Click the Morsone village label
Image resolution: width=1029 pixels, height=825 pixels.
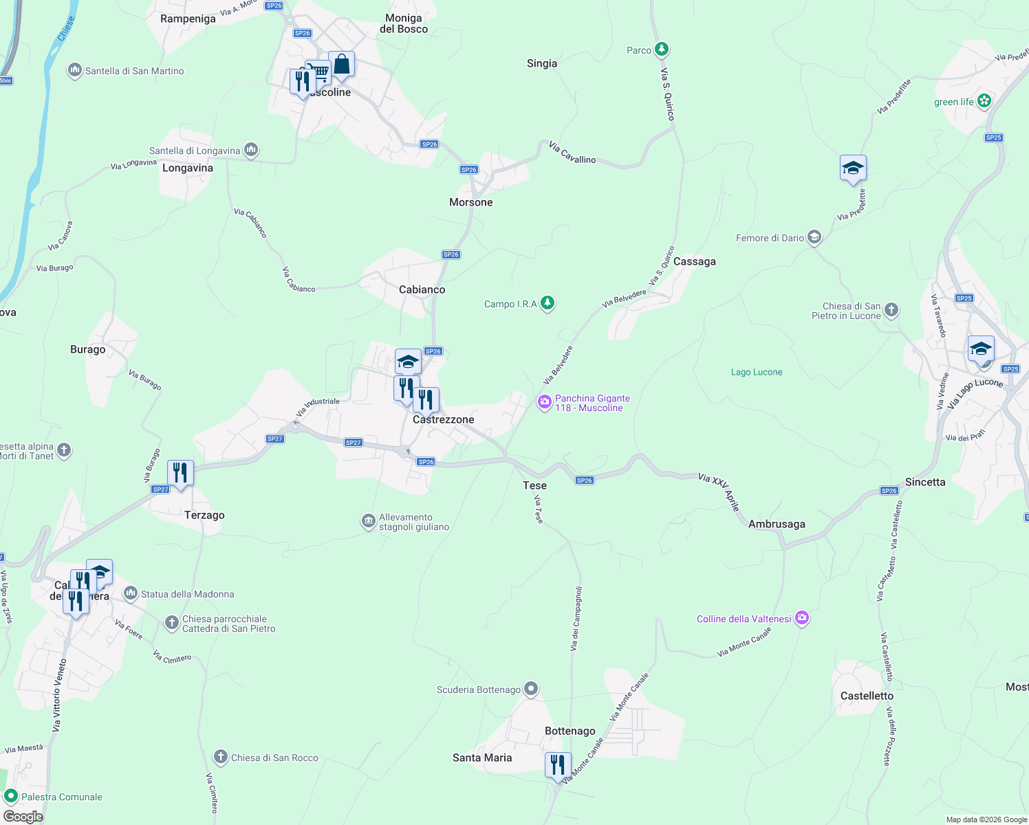[470, 202]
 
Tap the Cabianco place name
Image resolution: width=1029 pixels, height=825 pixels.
[422, 289]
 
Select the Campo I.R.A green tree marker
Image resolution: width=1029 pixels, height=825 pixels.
[548, 303]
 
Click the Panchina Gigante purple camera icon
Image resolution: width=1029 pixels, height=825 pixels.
[544, 403]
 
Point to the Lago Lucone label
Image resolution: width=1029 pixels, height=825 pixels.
[757, 372]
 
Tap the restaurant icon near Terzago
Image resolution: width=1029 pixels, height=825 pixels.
[180, 473]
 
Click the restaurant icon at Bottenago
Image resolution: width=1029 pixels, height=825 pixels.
[558, 765]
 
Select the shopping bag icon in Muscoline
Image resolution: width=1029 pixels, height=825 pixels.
[341, 65]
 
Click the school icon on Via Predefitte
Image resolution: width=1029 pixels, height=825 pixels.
[853, 168]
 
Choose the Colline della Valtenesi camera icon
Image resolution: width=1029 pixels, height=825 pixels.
[801, 618]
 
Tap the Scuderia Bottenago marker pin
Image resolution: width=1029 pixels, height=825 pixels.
[530, 689]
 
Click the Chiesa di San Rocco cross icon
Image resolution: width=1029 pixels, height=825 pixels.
[221, 757]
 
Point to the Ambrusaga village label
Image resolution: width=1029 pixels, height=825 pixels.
[777, 524]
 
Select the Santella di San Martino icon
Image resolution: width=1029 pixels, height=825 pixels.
[75, 70]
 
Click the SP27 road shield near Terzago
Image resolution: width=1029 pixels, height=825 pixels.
[160, 489]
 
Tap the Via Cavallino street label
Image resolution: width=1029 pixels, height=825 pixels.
[572, 153]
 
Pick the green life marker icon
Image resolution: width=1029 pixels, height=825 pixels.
[984, 101]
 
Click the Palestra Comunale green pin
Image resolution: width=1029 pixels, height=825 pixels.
[11, 797]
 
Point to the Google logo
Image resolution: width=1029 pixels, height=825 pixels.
[23, 817]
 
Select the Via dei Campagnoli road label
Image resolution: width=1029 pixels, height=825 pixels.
[576, 619]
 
